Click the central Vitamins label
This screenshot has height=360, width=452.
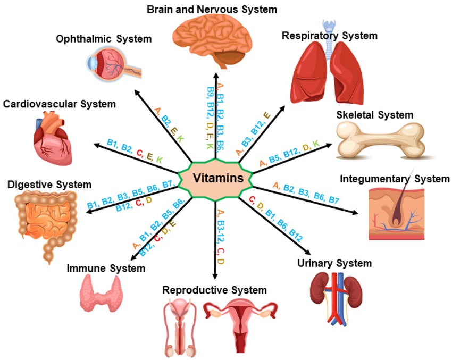click(x=219, y=178)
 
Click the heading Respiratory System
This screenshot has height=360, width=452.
click(x=329, y=36)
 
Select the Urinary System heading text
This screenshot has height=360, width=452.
click(x=334, y=263)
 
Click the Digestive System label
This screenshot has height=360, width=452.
click(x=49, y=185)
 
